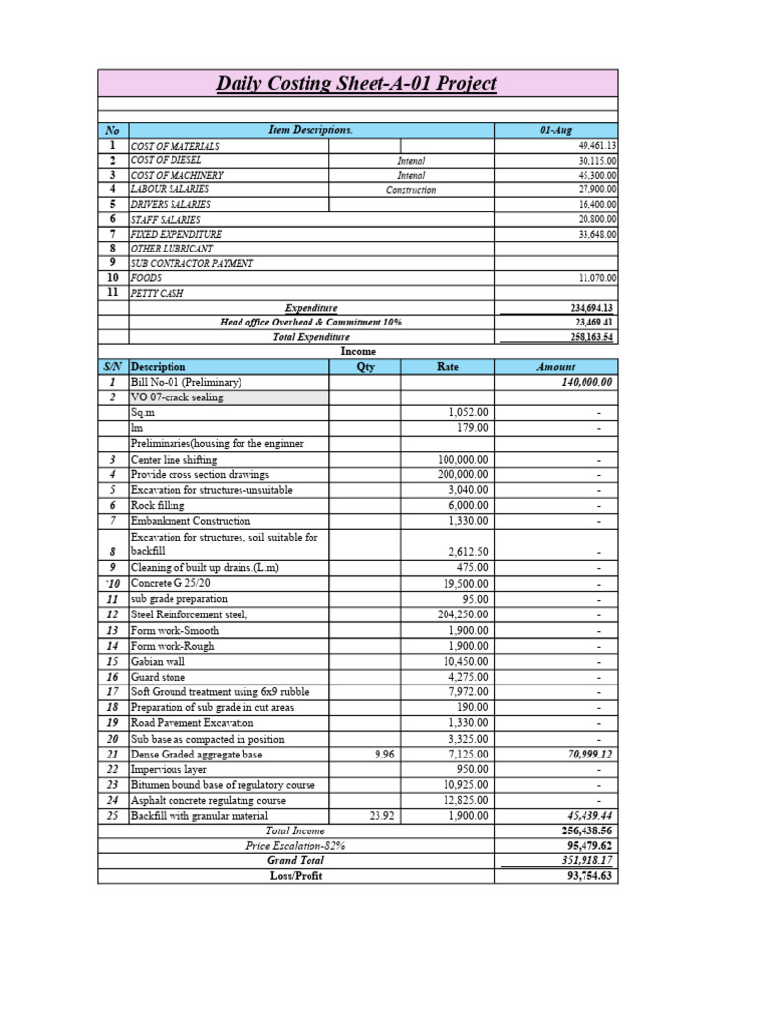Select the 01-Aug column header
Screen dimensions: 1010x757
555,130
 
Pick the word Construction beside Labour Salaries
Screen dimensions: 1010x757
411,190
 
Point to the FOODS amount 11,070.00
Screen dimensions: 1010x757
590,279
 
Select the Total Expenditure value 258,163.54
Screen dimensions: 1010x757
585,337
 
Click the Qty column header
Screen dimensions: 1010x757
364,367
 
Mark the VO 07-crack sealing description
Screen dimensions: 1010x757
177,397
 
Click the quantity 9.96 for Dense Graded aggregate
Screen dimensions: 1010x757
382,754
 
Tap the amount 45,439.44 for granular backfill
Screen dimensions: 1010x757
590,816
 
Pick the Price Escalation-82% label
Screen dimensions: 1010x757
295,845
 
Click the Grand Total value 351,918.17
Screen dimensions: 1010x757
585,860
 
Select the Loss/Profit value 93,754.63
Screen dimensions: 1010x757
587,875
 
